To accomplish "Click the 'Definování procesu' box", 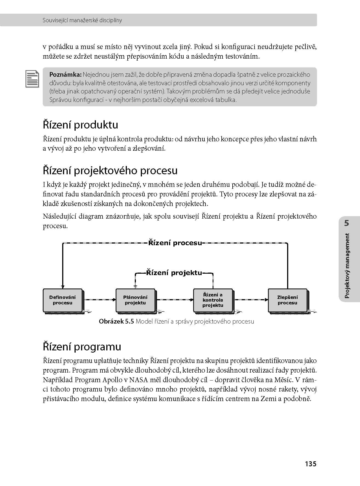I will (62, 300).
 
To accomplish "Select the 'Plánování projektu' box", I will (135, 300).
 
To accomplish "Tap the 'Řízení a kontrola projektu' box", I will (213, 300).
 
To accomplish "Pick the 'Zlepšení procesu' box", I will (287, 300).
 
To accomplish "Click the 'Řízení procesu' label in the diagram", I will (175, 243).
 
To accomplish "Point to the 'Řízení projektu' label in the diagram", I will (174, 273).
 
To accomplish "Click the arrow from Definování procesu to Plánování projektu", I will (99, 300).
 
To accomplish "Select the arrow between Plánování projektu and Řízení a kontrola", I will (175, 300).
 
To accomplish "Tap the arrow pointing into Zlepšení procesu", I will (251, 300).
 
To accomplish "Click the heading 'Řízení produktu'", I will (81, 125).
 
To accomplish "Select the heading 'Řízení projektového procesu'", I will (110, 171).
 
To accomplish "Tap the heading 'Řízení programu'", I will (82, 347).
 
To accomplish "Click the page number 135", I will (311, 464).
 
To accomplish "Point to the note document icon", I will (32, 79).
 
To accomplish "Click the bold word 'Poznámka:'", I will (65, 75).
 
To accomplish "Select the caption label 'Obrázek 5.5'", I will (116, 322).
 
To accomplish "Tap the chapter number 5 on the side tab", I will (347, 223).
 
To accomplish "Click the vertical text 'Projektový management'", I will (347, 265).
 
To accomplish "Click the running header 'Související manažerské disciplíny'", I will (82, 20).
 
